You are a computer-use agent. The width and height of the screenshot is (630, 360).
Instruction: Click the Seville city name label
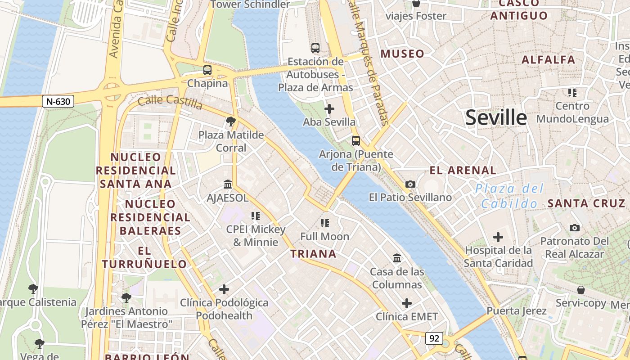pyautogui.click(x=496, y=117)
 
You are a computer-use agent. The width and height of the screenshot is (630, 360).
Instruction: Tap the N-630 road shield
pyautogui.click(x=58, y=101)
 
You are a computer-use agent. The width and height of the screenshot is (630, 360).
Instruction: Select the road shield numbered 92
pyautogui.click(x=434, y=338)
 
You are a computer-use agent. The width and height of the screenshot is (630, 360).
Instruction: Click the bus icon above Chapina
pyautogui.click(x=207, y=70)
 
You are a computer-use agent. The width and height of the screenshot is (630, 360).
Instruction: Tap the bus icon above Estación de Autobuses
pyautogui.click(x=315, y=48)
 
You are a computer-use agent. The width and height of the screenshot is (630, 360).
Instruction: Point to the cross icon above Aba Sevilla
pyautogui.click(x=329, y=109)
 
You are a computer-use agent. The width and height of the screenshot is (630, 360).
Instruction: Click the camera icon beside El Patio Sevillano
pyautogui.click(x=410, y=184)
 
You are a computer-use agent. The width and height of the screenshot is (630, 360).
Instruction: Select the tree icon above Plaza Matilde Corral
pyautogui.click(x=231, y=121)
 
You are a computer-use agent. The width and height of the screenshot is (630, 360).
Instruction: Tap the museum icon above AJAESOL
pyautogui.click(x=228, y=184)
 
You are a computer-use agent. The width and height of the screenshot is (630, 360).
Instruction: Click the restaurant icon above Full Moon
pyautogui.click(x=325, y=223)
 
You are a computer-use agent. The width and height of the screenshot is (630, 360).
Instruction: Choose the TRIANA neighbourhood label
pyautogui.click(x=313, y=254)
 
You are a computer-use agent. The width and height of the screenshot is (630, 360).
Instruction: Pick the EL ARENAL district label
pyautogui.click(x=463, y=170)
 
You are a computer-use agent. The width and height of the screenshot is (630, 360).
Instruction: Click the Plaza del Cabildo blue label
pyautogui.click(x=509, y=196)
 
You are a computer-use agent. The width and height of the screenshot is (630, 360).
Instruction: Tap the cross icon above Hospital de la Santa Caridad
pyautogui.click(x=498, y=237)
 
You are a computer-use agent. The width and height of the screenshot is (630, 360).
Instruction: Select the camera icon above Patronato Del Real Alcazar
pyautogui.click(x=575, y=228)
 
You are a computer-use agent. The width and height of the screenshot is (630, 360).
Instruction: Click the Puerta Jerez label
pyautogui.click(x=517, y=310)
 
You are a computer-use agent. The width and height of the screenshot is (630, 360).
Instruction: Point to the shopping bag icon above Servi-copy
pyautogui.click(x=581, y=290)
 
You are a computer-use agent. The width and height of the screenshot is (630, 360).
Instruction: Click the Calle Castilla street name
pyautogui.click(x=170, y=102)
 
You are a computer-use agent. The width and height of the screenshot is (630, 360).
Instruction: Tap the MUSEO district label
pyautogui.click(x=402, y=54)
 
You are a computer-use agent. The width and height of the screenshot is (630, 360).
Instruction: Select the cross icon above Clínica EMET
pyautogui.click(x=407, y=303)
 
